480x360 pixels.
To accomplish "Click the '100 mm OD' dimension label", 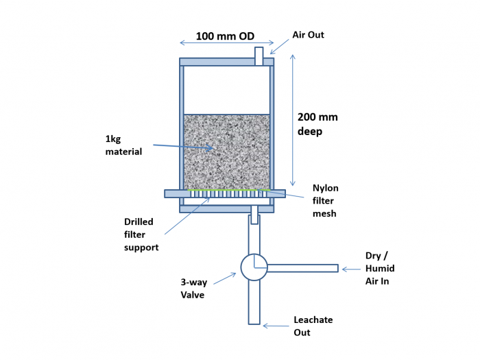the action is pos(225,36).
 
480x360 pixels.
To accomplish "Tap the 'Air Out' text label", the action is pos(308,34).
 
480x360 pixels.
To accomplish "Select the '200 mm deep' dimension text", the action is pos(317,124).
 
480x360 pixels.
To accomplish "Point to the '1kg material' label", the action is pos(123,145).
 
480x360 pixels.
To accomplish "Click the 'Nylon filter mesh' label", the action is pos(326,200).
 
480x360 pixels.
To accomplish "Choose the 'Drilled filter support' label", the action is pos(141,235).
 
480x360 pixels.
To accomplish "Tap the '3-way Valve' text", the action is pos(194,289).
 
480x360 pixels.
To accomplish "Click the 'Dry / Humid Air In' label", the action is pos(380,268).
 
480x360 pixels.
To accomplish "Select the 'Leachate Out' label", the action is pos(313,326).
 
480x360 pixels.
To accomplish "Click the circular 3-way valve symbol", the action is pos(254,267).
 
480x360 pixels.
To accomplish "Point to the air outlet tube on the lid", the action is pos(259,56).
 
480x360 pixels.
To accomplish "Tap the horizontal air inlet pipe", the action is pos(302,268).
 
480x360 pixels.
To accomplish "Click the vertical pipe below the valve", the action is pos(254,302).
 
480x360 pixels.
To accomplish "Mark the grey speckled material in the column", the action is pos(226,152).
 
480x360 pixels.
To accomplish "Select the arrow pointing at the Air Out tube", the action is pos(279,47).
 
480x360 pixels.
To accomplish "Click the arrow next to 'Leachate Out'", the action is pos(276,326).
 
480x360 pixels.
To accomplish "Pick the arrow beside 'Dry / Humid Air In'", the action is pos(351,269).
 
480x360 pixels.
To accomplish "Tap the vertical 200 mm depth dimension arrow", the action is pos(293,120).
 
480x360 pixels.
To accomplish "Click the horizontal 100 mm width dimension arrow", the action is pos(227,43).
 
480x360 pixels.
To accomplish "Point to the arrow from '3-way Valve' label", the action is pos(225,278).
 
